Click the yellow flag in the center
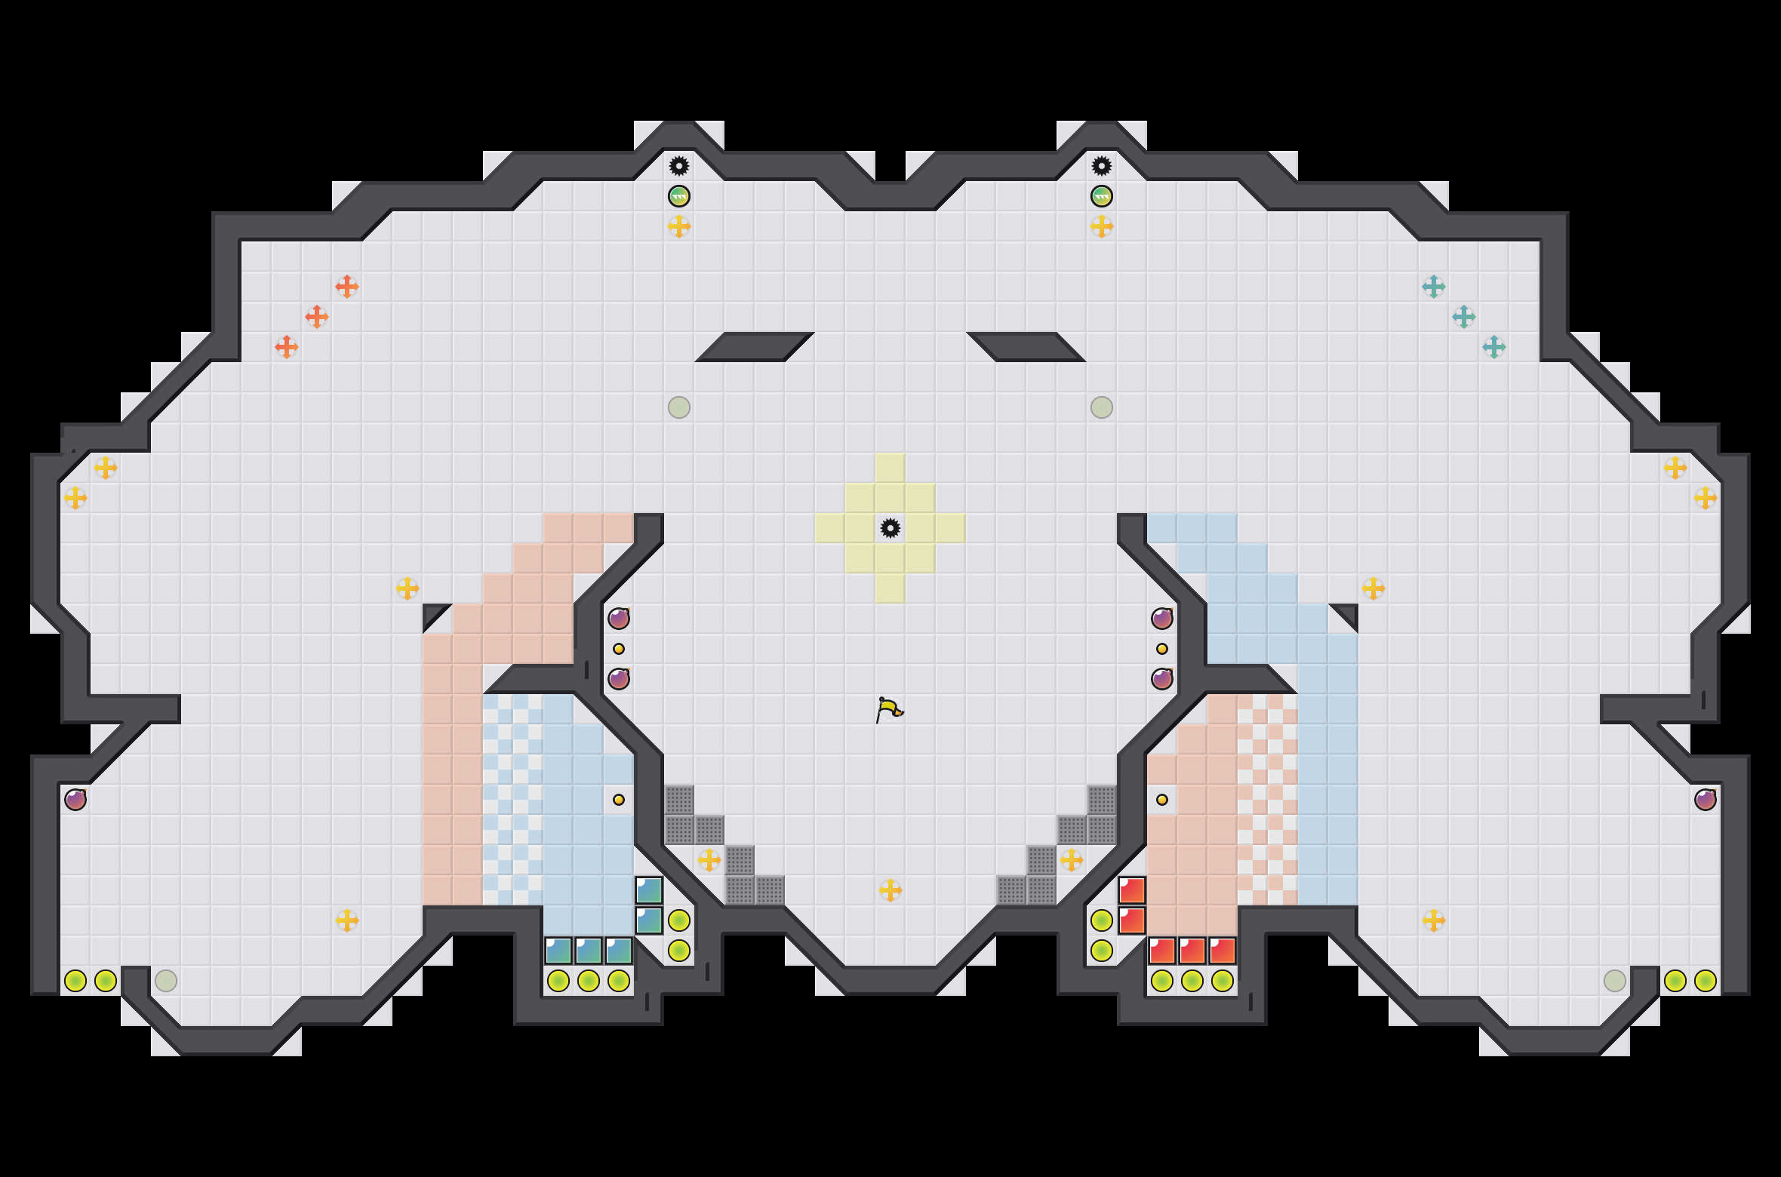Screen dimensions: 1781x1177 tap(889, 709)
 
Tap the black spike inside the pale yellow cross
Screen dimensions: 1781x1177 tap(890, 528)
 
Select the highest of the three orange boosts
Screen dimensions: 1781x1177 tap(347, 287)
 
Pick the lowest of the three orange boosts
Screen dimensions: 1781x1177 tap(287, 347)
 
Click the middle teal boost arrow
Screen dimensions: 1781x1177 tap(1464, 317)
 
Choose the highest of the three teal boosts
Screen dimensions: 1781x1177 tap(1434, 287)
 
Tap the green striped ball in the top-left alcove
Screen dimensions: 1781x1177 tap(679, 196)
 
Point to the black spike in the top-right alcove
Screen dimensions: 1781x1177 tap(1102, 166)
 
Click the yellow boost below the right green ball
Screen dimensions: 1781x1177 tap(1102, 226)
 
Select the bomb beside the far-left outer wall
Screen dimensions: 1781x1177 tap(75, 800)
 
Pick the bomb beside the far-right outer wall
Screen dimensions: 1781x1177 tap(1706, 800)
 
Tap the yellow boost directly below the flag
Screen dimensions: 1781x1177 tap(890, 890)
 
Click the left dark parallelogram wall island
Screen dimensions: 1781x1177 tap(755, 347)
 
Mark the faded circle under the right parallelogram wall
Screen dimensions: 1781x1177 tap(1102, 407)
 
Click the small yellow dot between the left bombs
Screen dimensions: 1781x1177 tap(619, 649)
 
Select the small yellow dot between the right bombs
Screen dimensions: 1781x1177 tap(1162, 649)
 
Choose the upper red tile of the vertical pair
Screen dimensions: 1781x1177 tap(1132, 890)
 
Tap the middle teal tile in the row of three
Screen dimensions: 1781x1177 tap(589, 951)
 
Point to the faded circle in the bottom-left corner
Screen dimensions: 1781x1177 tap(166, 981)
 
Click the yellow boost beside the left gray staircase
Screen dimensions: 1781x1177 tap(709, 860)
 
